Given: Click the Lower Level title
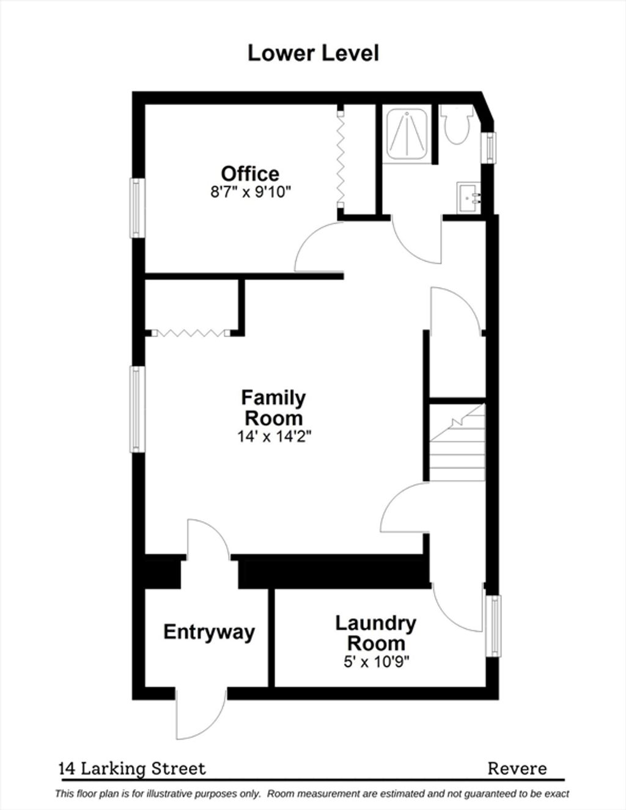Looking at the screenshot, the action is (314, 53).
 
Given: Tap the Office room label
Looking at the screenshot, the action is (250, 173).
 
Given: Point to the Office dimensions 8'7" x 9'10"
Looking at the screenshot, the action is (250, 192).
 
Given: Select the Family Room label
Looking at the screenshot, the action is (273, 408).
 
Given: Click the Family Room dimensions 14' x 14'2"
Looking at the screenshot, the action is (274, 436).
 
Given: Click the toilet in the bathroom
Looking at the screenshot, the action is (456, 124).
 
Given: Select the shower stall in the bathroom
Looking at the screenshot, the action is (407, 134).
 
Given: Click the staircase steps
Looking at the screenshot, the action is (457, 442).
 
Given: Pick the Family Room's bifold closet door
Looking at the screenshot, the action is (191, 333).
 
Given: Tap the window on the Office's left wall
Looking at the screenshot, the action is (138, 208).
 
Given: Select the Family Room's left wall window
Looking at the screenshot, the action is (138, 409).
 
